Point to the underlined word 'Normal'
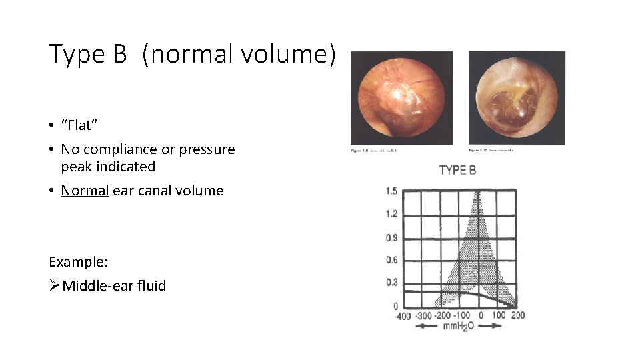coord(85,191)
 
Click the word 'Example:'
coord(78,261)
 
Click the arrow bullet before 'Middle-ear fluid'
coord(55,286)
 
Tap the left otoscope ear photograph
coord(402,97)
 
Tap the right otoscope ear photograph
coord(517,97)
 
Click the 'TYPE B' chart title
coord(458,170)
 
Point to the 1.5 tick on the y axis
coord(391,191)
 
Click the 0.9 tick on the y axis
coord(391,237)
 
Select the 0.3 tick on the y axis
coord(391,283)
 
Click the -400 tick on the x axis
coord(402,316)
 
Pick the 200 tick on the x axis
coord(518,315)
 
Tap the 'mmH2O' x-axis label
coord(458,326)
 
